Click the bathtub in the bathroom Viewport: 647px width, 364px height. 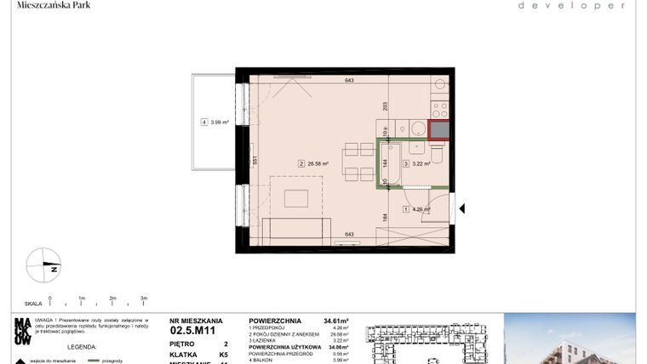click(x=386, y=164)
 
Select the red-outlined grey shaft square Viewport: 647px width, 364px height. click(x=439, y=130)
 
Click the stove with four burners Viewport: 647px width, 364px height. click(x=439, y=110)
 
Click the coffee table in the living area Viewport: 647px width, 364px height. click(x=296, y=199)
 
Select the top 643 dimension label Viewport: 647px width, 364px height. click(x=348, y=81)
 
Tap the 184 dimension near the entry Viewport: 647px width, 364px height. click(x=385, y=217)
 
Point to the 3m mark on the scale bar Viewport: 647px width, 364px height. click(x=144, y=299)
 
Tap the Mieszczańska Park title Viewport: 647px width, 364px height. click(x=54, y=5)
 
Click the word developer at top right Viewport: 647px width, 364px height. click(x=572, y=6)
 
